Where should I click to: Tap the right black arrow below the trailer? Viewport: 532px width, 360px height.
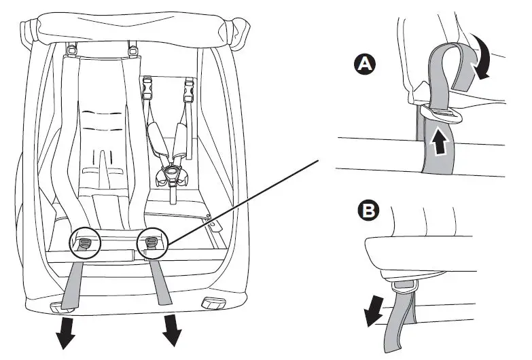pos(173,330)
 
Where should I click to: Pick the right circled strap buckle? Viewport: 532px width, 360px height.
pos(151,242)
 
